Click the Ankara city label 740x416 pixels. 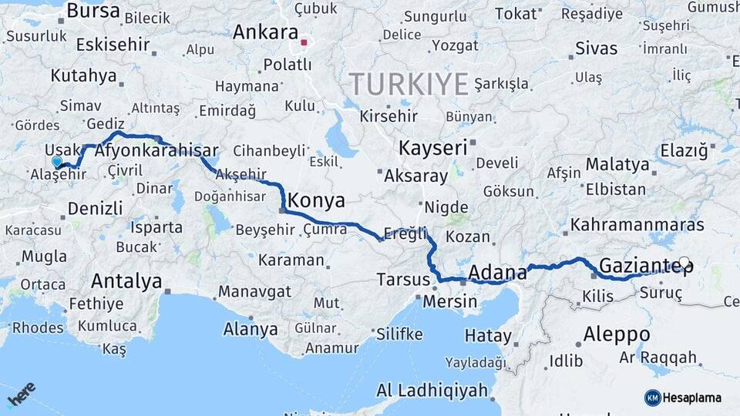[265, 32]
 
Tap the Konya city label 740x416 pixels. [316, 201]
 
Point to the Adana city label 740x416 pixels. [498, 272]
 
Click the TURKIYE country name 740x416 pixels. [409, 83]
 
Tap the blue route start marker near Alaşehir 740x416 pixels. [57, 162]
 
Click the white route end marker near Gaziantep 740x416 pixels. [684, 263]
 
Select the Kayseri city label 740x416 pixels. [433, 147]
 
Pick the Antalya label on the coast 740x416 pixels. [126, 280]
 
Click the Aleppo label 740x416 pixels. [617, 334]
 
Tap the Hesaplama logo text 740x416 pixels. [692, 398]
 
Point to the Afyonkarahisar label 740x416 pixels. [156, 152]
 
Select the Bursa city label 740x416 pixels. [93, 11]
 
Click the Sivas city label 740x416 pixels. [597, 48]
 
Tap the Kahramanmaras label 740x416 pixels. [637, 225]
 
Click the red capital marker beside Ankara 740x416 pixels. [304, 43]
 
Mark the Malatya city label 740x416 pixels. [617, 164]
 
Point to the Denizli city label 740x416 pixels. [95, 208]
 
